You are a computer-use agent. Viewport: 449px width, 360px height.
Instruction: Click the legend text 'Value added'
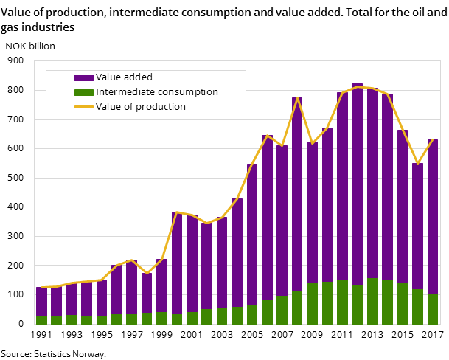click(124, 77)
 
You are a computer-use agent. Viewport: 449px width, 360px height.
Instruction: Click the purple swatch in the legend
click(83, 77)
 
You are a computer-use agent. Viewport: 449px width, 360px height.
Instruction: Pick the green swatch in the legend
click(83, 92)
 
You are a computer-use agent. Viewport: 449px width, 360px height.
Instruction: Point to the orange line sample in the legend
click(83, 107)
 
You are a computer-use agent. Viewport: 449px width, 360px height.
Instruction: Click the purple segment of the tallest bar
click(357, 184)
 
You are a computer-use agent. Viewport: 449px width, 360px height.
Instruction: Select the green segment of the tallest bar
click(357, 305)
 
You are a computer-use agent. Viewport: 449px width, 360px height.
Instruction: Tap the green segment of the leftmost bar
click(41, 320)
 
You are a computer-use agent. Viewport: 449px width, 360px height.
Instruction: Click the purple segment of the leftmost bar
click(41, 302)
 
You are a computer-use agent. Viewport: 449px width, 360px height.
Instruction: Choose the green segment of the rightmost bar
click(433, 309)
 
